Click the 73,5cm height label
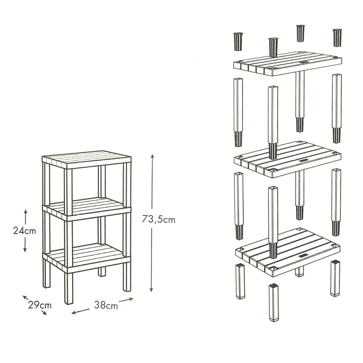coord(158,219)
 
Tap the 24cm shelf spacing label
coord(25,231)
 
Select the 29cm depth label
coord(40,305)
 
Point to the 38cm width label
coord(106,305)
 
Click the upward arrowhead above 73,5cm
coord(152,156)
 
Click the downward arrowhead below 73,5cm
coord(152,289)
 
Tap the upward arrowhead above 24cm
coord(26,211)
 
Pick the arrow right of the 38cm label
coord(126,300)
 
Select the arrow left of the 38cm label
coord(80,311)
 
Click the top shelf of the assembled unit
coord(87,160)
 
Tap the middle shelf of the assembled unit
coord(87,209)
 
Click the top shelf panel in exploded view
coord(288,64)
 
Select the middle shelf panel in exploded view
coord(288,159)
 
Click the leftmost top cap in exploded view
coord(238,42)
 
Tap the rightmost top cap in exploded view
coord(337,38)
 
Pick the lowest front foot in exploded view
coord(274,303)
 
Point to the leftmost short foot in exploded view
coord(240,281)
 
